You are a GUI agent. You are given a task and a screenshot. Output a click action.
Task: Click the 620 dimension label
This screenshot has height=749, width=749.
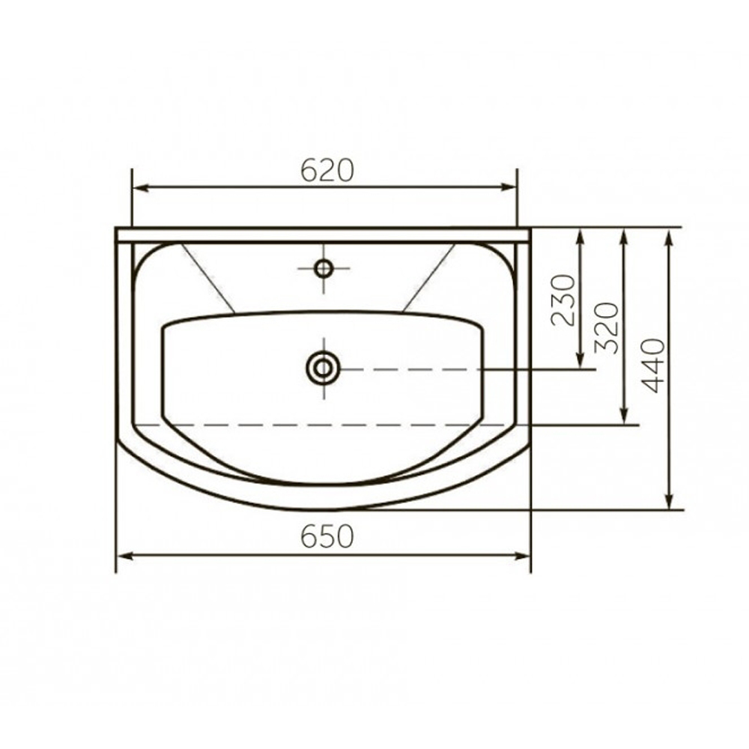(x=327, y=170)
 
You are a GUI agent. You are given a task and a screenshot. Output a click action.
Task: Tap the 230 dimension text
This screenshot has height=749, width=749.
(x=563, y=300)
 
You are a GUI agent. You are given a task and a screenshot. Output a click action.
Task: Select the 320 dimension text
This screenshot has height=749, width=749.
(x=607, y=328)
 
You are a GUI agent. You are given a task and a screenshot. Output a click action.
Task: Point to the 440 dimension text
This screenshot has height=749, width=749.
(x=653, y=366)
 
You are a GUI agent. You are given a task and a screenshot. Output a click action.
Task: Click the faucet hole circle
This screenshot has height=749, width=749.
(x=324, y=268)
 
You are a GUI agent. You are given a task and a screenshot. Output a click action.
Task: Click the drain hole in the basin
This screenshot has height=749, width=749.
(x=324, y=369)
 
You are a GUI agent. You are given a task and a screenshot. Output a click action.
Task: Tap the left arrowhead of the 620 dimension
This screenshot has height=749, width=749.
(x=139, y=187)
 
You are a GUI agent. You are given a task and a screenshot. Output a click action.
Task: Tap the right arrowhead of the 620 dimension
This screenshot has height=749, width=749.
(x=509, y=187)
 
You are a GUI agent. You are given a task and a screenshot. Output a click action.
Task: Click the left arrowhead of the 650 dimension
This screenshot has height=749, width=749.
(x=124, y=556)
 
